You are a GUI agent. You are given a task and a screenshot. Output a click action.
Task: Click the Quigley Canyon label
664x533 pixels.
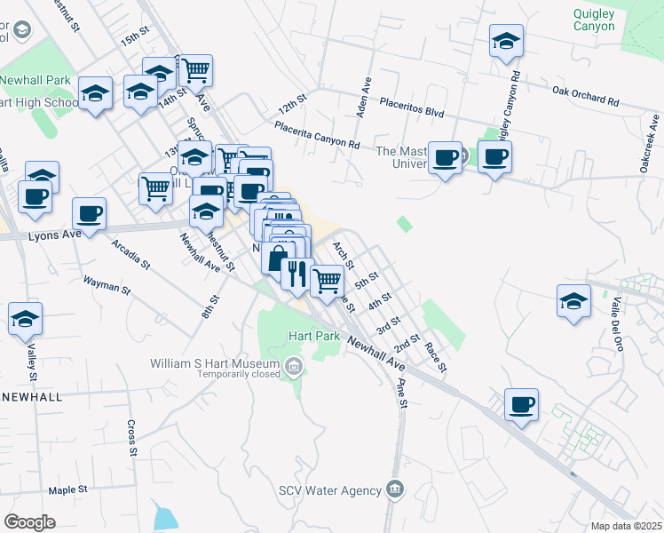[594, 19]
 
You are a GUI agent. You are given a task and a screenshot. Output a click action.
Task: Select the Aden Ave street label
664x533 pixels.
[364, 97]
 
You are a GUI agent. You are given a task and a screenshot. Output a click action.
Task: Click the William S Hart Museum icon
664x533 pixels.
[293, 365]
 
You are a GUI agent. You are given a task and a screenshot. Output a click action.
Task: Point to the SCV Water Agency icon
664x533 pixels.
[395, 489]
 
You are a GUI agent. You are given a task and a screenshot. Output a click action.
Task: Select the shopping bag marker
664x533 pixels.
[277, 258]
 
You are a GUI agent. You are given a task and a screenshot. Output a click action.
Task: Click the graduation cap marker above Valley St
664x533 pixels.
[25, 317]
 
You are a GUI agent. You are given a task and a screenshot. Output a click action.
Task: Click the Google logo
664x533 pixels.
[29, 522]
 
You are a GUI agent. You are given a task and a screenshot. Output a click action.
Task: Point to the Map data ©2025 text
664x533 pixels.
[627, 526]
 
